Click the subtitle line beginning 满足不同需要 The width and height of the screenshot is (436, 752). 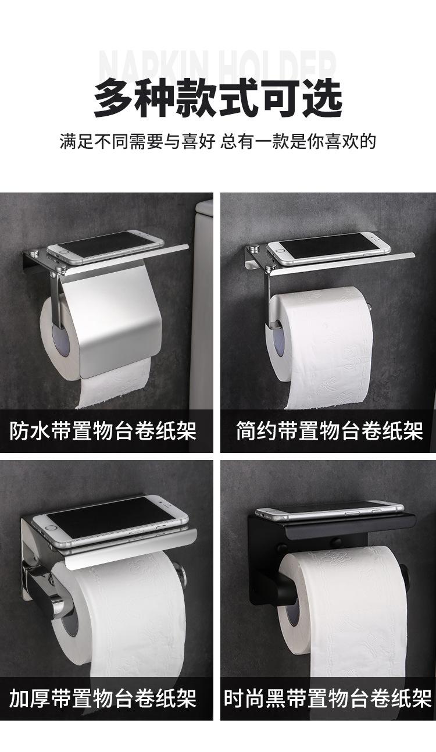(218, 141)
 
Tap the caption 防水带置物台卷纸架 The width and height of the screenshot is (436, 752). (103, 431)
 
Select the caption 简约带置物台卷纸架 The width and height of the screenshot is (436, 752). (329, 431)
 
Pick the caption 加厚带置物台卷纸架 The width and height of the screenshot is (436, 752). (103, 698)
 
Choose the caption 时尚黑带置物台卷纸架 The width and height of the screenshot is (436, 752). (328, 698)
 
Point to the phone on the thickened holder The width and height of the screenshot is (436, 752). (110, 519)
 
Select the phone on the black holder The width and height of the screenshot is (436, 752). (329, 510)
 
